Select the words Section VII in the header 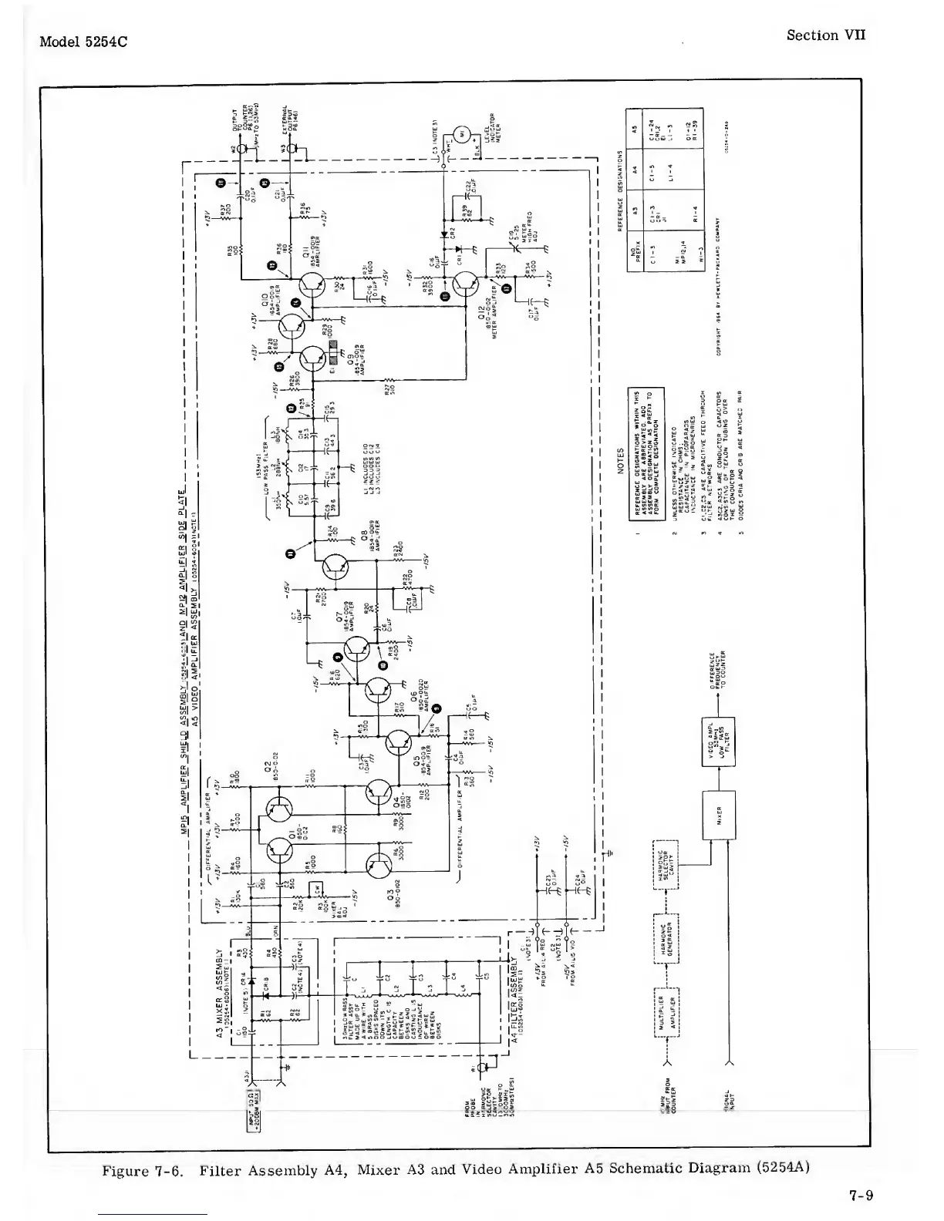[x=825, y=35]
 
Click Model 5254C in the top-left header [x=83, y=41]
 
